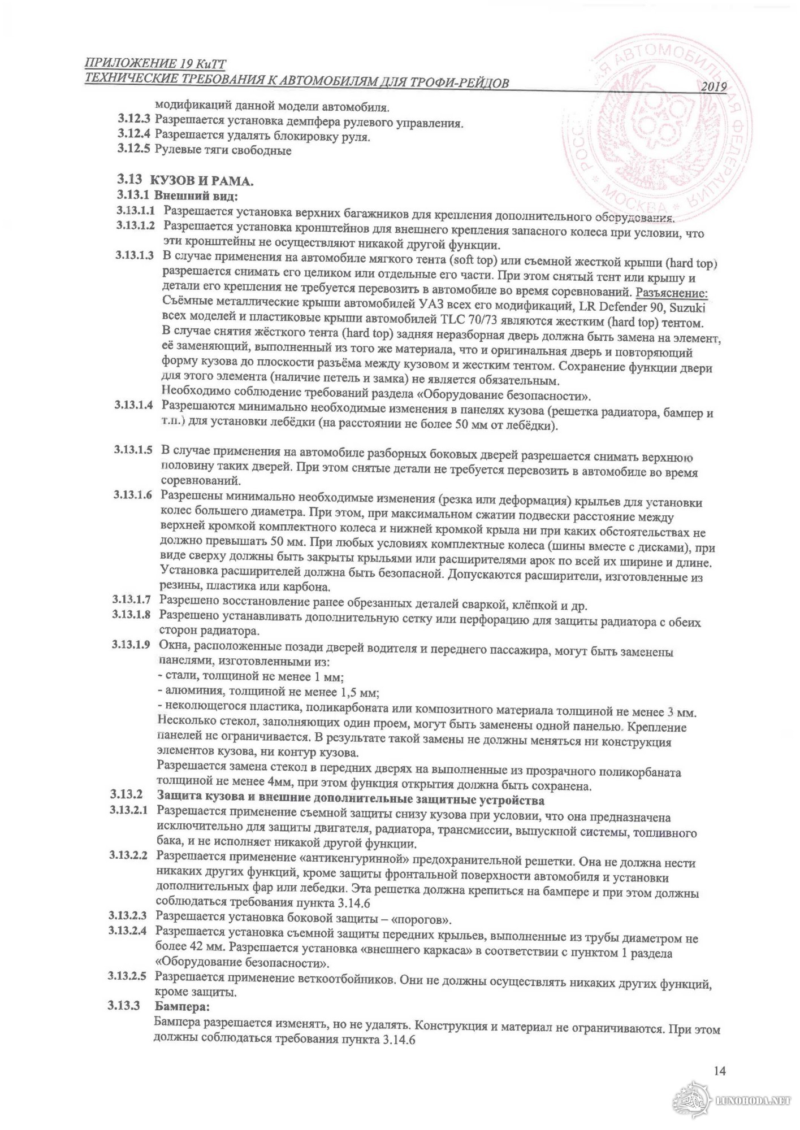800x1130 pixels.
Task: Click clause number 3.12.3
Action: (x=134, y=119)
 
